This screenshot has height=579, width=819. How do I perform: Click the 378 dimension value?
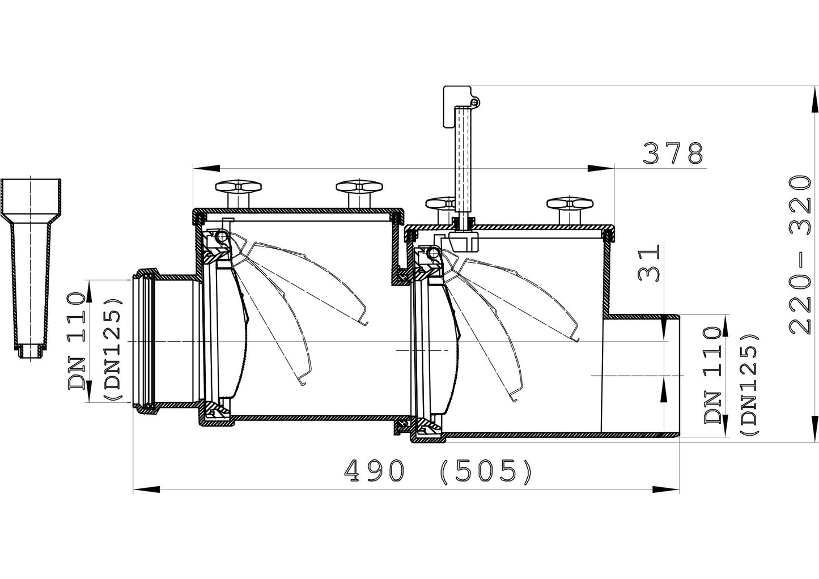(x=673, y=153)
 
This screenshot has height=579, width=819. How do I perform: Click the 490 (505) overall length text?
(x=439, y=471)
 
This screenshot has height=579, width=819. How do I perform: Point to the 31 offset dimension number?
(x=648, y=262)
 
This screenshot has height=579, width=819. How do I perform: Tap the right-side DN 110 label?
(x=714, y=375)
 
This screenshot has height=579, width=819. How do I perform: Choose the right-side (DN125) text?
(x=749, y=384)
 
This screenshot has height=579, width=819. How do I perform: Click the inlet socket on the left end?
(x=164, y=341)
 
